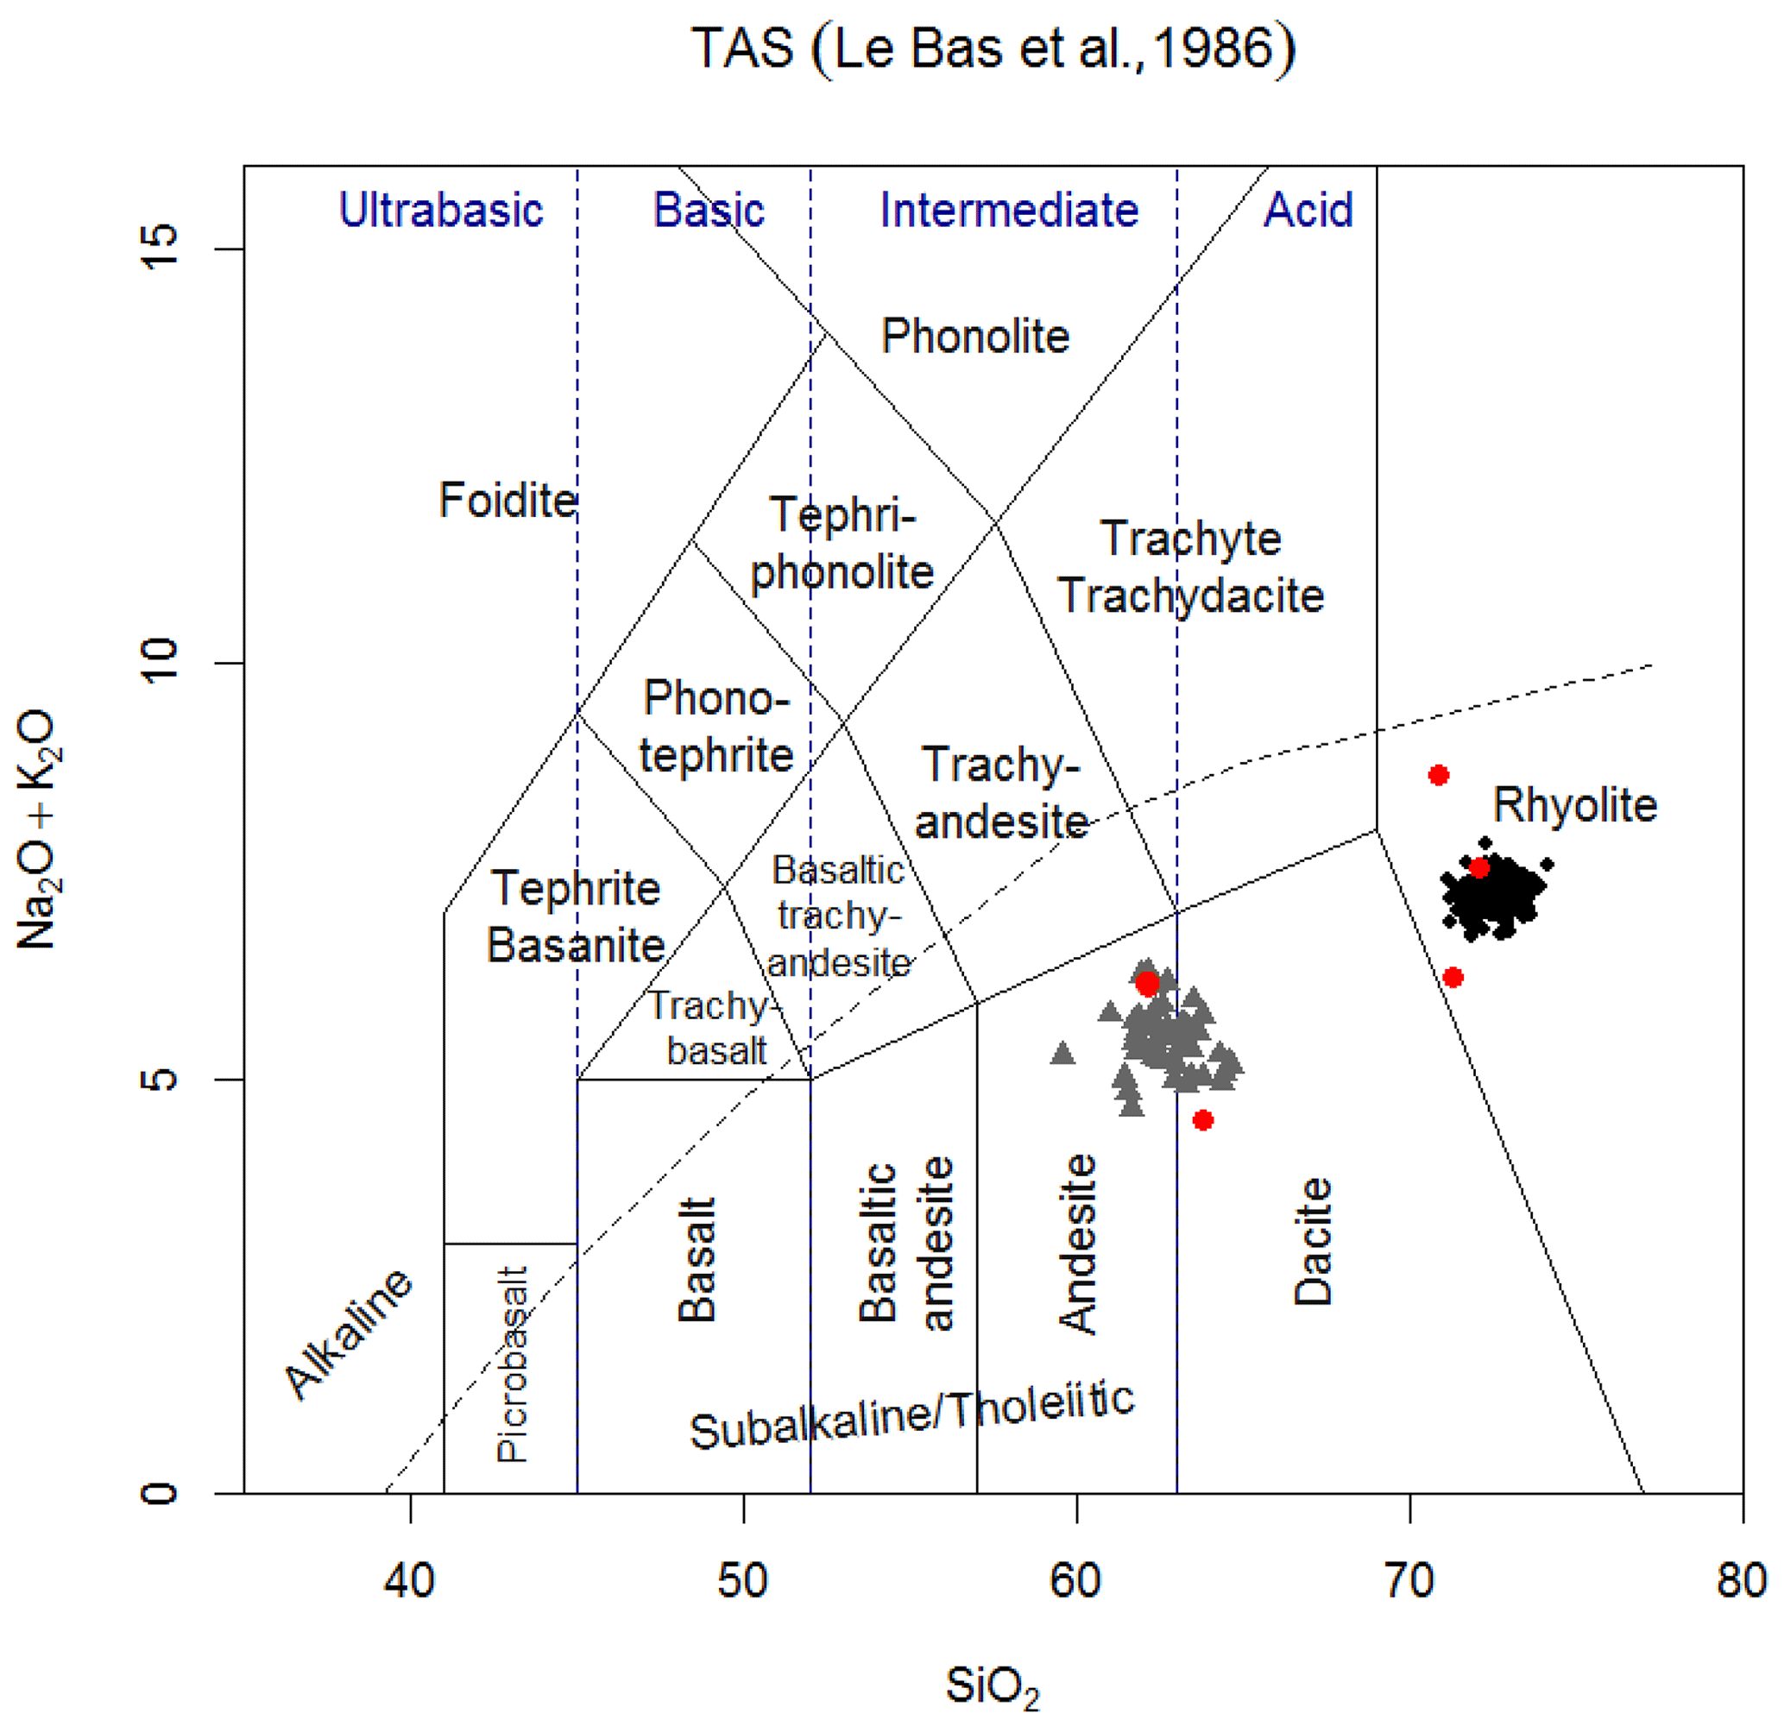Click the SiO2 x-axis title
pyautogui.click(x=993, y=1686)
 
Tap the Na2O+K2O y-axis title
pyautogui.click(x=38, y=829)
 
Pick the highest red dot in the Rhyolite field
pyautogui.click(x=1438, y=776)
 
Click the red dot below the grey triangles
pyautogui.click(x=1203, y=1120)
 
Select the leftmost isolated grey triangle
pyautogui.click(x=1062, y=1054)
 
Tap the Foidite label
pyautogui.click(x=507, y=501)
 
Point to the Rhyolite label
pyautogui.click(x=1574, y=805)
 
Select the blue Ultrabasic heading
pyautogui.click(x=440, y=211)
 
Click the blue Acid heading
pyautogui.click(x=1308, y=211)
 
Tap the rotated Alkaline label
pyautogui.click(x=349, y=1333)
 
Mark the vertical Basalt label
pyautogui.click(x=697, y=1260)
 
